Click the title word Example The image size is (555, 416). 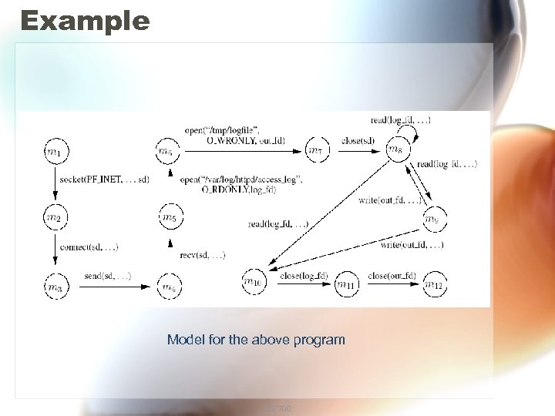click(85, 20)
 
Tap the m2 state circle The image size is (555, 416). click(53, 218)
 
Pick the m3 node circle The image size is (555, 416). click(53, 287)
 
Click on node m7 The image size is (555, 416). click(315, 149)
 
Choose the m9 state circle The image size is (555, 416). click(433, 220)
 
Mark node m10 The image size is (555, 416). click(253, 283)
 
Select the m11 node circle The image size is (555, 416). click(346, 285)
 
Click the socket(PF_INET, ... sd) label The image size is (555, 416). click(104, 179)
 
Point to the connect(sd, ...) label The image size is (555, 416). click(89, 247)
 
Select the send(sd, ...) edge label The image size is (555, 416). click(107, 275)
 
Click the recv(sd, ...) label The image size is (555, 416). click(202, 254)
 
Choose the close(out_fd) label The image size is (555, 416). click(392, 276)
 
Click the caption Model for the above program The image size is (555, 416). click(256, 339)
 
